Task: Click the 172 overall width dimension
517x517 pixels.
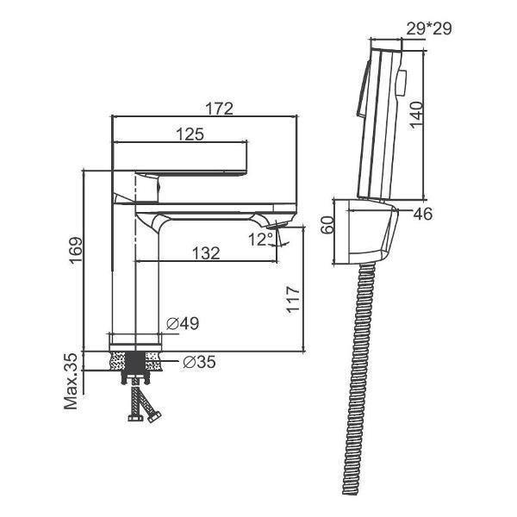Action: [220, 109]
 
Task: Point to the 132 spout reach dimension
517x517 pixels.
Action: [205, 252]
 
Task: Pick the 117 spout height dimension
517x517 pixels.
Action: [293, 300]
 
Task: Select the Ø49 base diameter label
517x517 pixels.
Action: [182, 323]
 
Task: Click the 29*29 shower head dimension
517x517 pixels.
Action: [428, 28]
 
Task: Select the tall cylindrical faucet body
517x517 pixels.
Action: [135, 276]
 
